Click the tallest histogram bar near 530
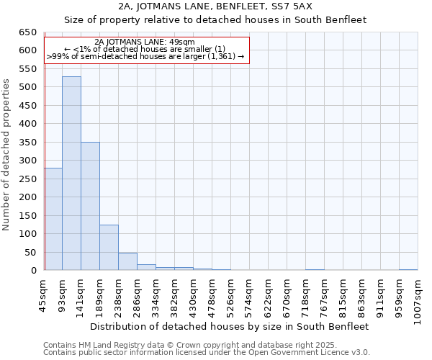pyautogui.click(x=71, y=174)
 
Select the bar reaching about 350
pyautogui.click(x=90, y=206)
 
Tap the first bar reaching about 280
pyautogui.click(x=53, y=219)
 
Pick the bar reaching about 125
pyautogui.click(x=109, y=248)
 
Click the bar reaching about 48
pyautogui.click(x=127, y=261)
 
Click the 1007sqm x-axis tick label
pyautogui.click(x=418, y=299)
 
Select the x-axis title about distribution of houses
pyautogui.click(x=230, y=326)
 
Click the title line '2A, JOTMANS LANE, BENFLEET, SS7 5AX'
pyautogui.click(x=215, y=6)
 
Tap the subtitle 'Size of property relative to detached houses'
pyautogui.click(x=215, y=20)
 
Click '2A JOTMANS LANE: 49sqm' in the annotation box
pyautogui.click(x=144, y=42)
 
